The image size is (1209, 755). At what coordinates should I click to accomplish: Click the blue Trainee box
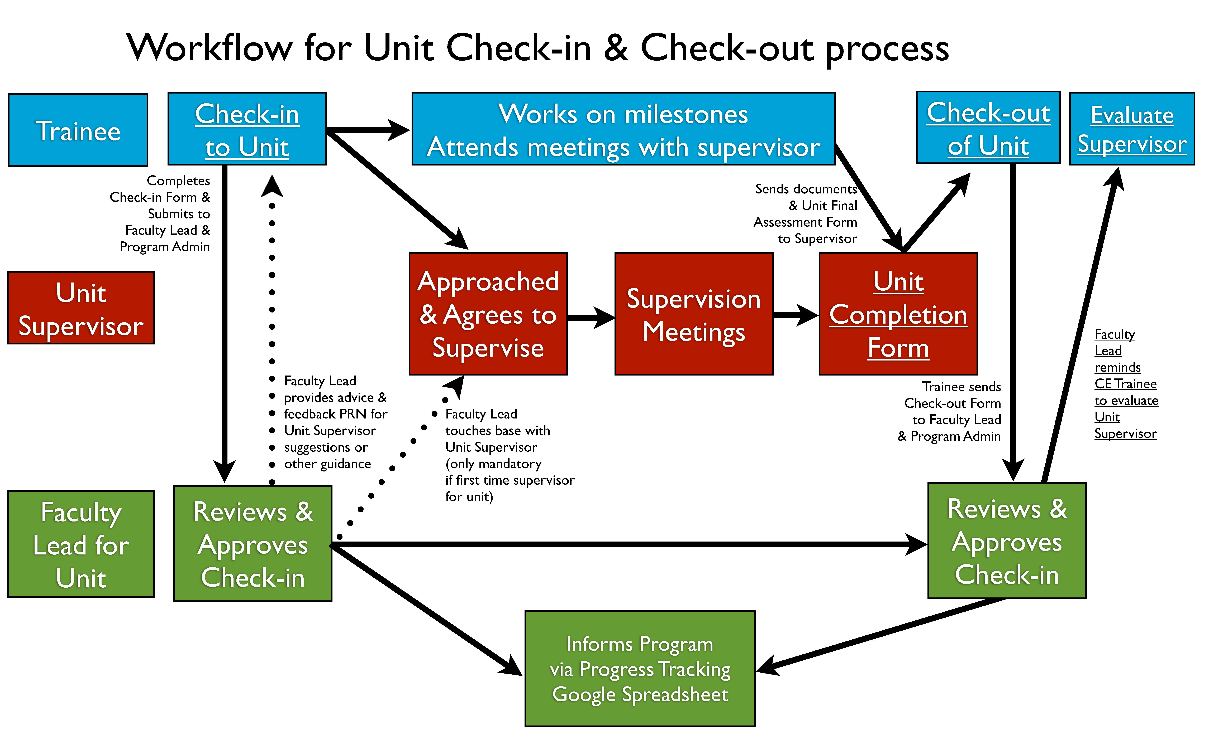pyautogui.click(x=78, y=130)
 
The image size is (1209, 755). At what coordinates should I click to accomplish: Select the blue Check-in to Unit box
pyautogui.click(x=247, y=129)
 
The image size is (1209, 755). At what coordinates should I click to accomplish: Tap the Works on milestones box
pyautogui.click(x=623, y=129)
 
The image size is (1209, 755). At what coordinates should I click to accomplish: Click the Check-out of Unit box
pyautogui.click(x=988, y=128)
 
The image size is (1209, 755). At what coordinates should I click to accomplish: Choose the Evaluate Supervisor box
pyautogui.click(x=1132, y=129)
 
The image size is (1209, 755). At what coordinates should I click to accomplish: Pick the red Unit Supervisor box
pyautogui.click(x=81, y=308)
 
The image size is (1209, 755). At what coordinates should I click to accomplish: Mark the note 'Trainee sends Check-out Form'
pyautogui.click(x=950, y=411)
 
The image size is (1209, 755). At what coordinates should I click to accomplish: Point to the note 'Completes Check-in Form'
pyautogui.click(x=165, y=214)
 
